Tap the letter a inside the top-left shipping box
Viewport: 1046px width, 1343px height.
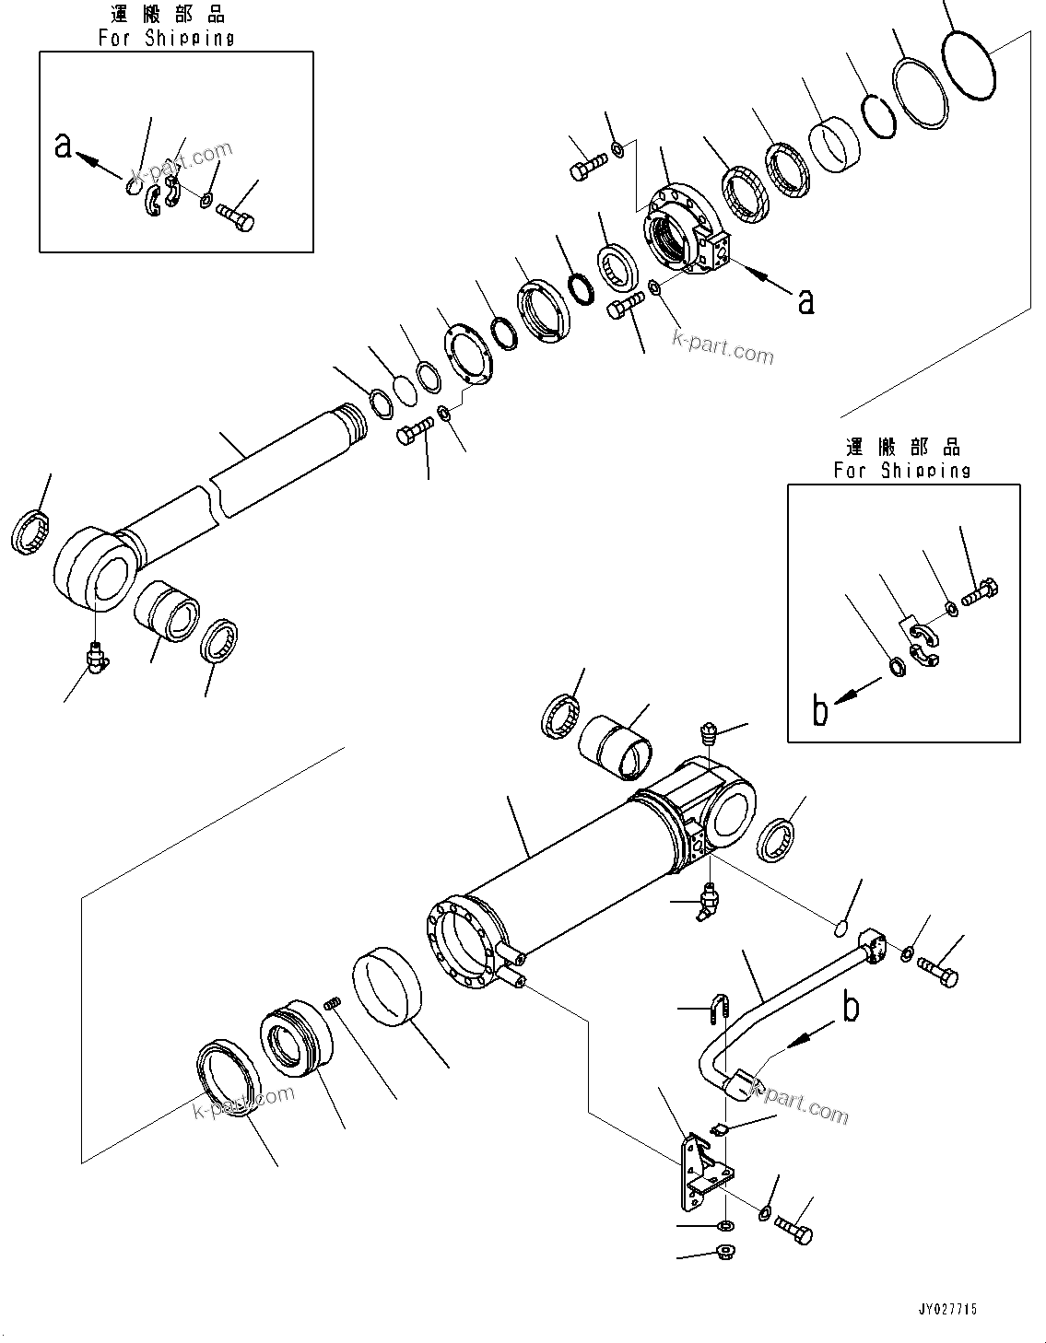tap(63, 145)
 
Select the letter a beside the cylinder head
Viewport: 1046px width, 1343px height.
tap(805, 299)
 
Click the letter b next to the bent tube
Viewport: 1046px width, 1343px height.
tap(851, 1008)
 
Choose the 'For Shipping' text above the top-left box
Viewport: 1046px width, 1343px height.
tap(166, 38)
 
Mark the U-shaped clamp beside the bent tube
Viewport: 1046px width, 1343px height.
tap(719, 1010)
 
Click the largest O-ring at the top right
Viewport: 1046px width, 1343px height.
tap(970, 66)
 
